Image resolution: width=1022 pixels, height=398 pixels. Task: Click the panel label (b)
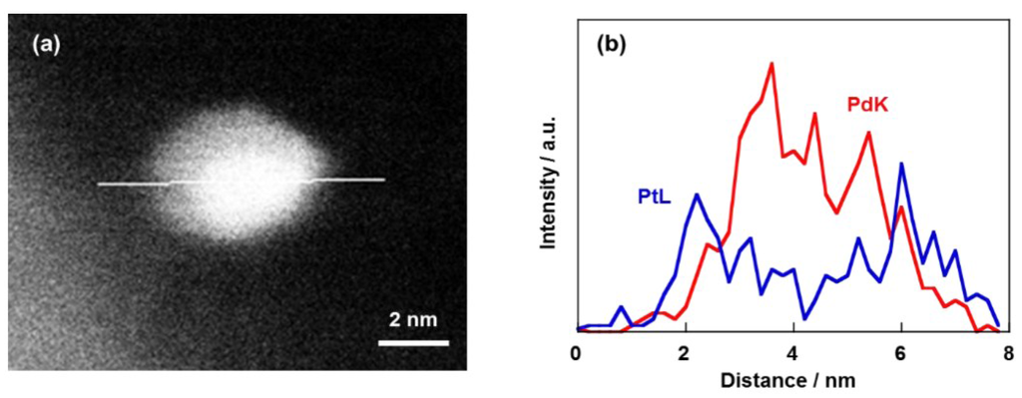coord(611,45)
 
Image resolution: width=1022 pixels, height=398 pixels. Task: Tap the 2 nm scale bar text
coord(412,320)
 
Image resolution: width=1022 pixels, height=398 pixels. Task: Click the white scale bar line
coord(413,342)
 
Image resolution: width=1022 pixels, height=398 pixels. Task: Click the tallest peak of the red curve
coord(771,64)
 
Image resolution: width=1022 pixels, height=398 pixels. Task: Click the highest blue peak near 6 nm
coord(901,164)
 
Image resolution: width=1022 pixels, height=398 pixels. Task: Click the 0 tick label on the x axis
coord(576,353)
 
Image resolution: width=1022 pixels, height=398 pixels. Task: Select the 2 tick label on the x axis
coord(684,353)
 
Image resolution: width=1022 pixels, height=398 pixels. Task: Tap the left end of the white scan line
coord(99,184)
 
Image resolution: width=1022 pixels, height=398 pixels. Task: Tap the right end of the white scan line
coord(383,180)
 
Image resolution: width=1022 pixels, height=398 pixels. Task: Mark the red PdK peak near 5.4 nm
coord(868,133)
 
